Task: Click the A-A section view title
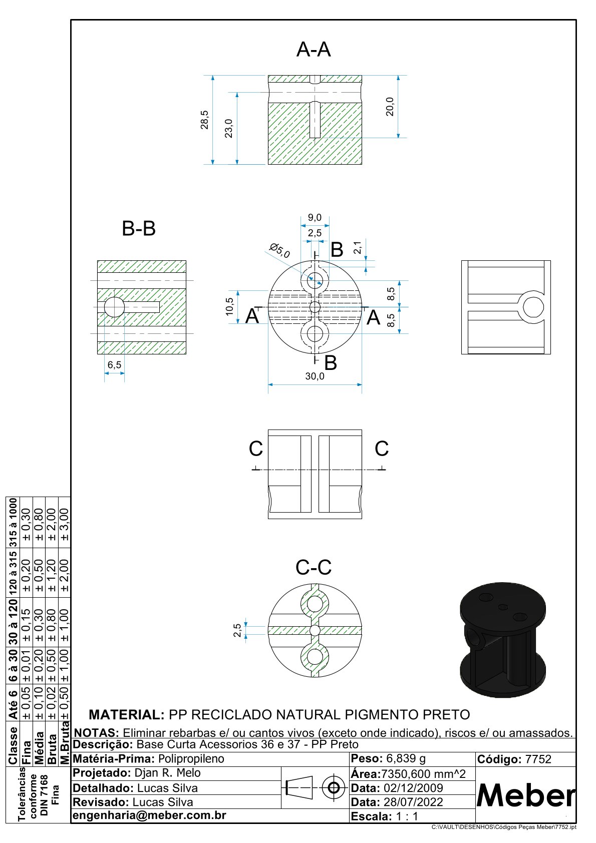[x=314, y=50]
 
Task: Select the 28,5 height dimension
[x=204, y=120]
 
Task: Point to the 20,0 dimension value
[x=390, y=106]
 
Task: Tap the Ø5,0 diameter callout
[x=279, y=250]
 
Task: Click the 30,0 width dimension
[x=315, y=376]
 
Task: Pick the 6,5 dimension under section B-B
[x=114, y=365]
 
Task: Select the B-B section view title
[x=139, y=228]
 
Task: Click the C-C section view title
[x=314, y=567]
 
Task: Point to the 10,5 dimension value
[x=229, y=306]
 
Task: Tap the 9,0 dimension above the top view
[x=315, y=217]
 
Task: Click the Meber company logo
[x=526, y=795]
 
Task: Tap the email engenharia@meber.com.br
[x=149, y=815]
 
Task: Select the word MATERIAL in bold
[x=126, y=714]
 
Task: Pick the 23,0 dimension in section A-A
[x=228, y=128]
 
